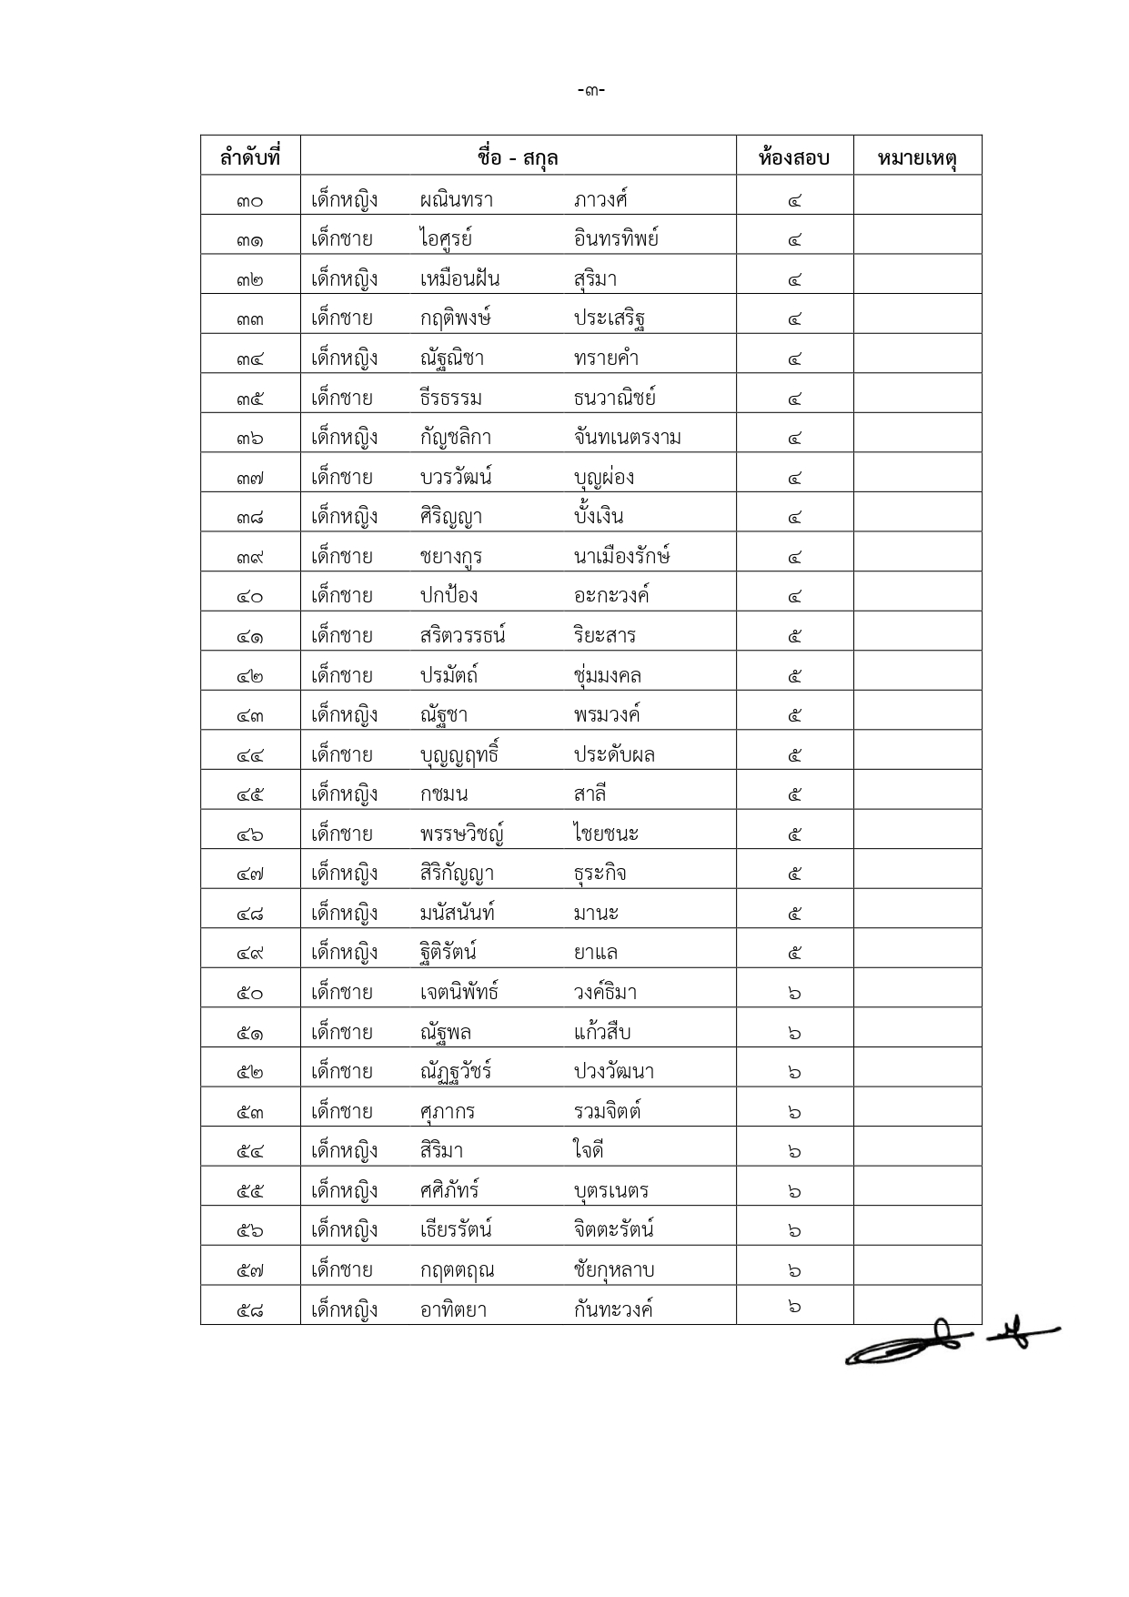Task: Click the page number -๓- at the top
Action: [x=591, y=90]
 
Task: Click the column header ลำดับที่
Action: [x=250, y=157]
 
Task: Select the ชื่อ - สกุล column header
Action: [x=518, y=157]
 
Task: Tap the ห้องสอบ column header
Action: [x=794, y=157]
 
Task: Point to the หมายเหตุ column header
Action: [x=917, y=158]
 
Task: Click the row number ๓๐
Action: [x=250, y=200]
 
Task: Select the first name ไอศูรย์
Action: [x=446, y=239]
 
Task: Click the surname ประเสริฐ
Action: [x=610, y=319]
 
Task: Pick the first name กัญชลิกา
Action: [x=456, y=438]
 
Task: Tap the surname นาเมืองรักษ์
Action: [x=622, y=556]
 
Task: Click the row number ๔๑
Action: [x=250, y=636]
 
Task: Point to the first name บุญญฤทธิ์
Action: [x=459, y=755]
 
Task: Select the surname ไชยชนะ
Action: [x=607, y=834]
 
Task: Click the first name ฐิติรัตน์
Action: [x=449, y=953]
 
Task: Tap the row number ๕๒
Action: [x=250, y=1072]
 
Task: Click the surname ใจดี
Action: [x=589, y=1151]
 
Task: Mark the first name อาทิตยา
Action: [x=453, y=1310]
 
